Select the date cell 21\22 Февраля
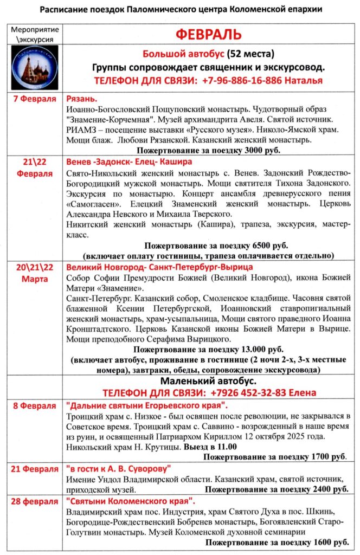[x=35, y=168]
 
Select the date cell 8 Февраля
[x=35, y=405]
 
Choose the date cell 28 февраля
[x=35, y=501]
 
